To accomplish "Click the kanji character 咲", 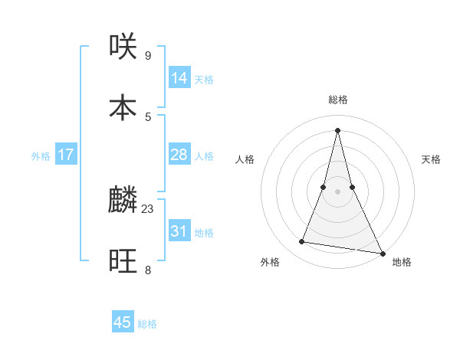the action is click(x=123, y=47).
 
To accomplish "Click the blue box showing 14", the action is click(x=179, y=78).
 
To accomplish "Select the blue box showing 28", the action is click(x=179, y=155).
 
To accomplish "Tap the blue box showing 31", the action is click(x=179, y=231).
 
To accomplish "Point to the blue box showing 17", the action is click(x=66, y=155).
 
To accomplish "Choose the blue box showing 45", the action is click(x=123, y=322).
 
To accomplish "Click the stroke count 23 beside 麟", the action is click(x=148, y=208).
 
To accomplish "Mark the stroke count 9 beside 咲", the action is click(x=148, y=55).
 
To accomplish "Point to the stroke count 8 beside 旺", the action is click(x=148, y=270).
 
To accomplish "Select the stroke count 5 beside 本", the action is click(x=148, y=116).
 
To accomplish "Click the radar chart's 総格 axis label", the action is click(x=337, y=100).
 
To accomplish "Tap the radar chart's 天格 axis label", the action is click(x=431, y=159).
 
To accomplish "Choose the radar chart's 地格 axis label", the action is click(x=402, y=262).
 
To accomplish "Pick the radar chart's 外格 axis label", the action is click(x=270, y=262).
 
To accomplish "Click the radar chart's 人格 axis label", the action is click(x=245, y=159).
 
